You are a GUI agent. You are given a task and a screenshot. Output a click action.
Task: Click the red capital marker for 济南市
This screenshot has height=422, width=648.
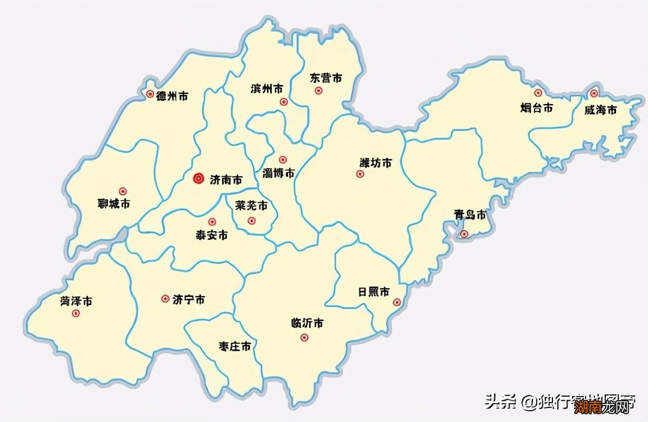[198, 179]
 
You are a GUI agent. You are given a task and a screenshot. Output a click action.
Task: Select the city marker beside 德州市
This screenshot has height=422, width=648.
[150, 95]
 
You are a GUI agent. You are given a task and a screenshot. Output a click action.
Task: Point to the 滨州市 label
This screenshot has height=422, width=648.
[267, 89]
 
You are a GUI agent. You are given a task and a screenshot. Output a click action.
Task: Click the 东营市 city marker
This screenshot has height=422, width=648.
[318, 91]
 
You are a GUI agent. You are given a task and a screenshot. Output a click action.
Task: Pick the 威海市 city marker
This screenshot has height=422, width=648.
[594, 93]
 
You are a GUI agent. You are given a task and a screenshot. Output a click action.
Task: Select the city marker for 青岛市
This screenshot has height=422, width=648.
[463, 234]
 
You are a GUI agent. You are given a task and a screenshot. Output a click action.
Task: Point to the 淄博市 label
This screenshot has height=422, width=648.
[278, 173]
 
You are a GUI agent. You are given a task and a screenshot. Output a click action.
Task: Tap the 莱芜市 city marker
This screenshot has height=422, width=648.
[251, 221]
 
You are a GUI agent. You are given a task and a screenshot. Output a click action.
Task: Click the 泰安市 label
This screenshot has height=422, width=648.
[211, 235]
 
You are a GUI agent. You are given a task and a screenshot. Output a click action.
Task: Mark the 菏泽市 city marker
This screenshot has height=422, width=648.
[76, 313]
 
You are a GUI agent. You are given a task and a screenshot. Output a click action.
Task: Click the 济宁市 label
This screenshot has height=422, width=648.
[188, 299]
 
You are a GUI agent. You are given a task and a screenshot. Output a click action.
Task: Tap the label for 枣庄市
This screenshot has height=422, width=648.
[235, 347]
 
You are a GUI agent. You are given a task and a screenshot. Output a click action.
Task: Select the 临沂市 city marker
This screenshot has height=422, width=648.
[304, 338]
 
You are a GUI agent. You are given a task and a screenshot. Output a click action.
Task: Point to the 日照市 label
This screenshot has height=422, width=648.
[374, 292]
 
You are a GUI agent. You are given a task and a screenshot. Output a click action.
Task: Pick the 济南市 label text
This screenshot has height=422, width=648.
[226, 180]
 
